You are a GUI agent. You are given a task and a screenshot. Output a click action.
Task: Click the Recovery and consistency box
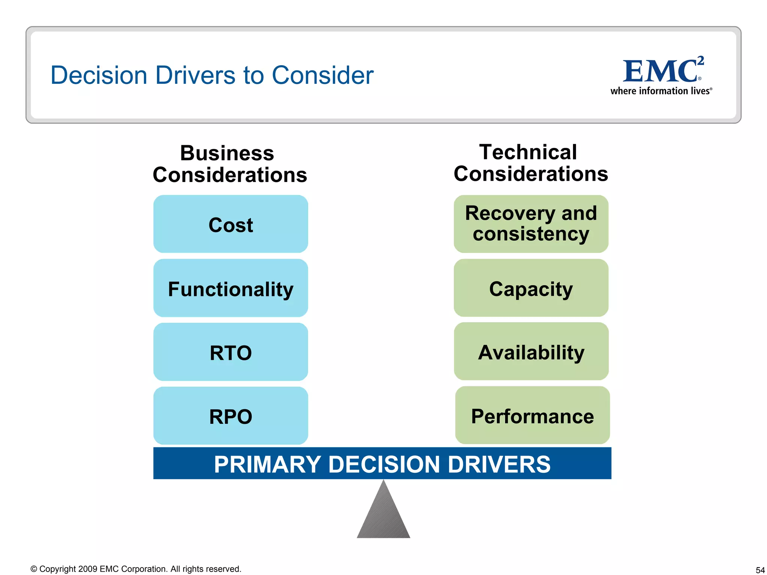coord(531,224)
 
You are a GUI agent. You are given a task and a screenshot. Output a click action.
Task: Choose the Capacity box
coord(531,288)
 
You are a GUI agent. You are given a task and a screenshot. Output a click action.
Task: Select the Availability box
coord(531,352)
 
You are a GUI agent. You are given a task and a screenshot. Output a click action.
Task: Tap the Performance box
coord(532,416)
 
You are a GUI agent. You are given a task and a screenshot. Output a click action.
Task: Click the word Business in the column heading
coord(227,153)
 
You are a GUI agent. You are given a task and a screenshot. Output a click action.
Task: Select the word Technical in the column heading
coord(528,152)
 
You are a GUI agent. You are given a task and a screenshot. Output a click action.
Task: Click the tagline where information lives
coord(661,91)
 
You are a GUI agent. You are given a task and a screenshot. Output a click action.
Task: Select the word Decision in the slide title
coord(99,75)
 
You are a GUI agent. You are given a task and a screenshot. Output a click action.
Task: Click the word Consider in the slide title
coord(322,75)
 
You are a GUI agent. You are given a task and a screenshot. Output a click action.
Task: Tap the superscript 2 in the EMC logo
coord(701,61)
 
